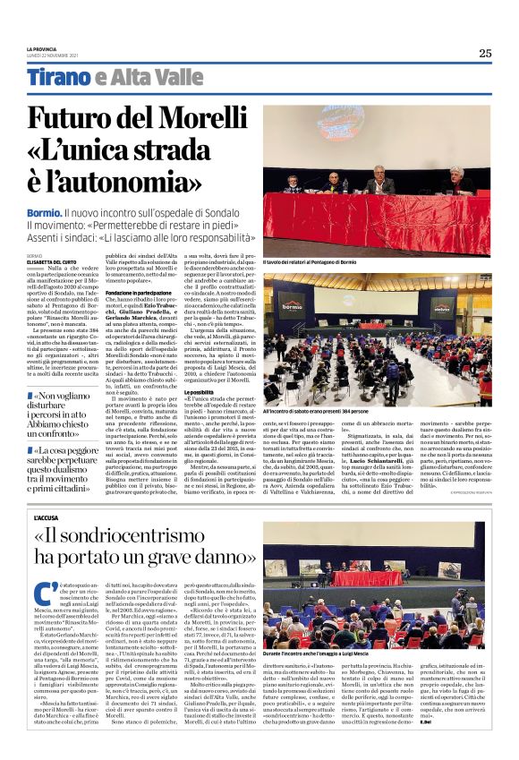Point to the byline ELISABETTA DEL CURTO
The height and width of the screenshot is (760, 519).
47,262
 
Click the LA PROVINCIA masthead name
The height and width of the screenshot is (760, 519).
41,49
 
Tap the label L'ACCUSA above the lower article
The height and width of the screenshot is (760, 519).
46,517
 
